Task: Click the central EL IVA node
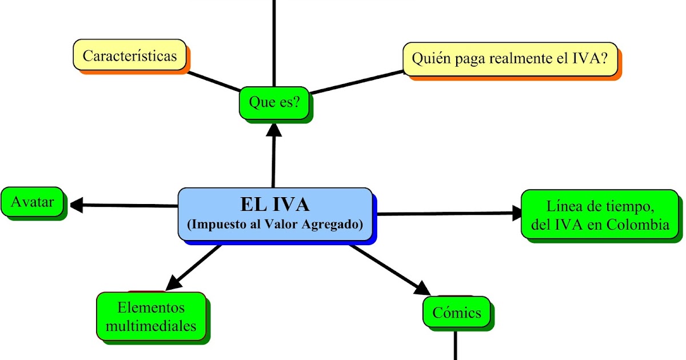tap(275, 214)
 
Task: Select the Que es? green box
tap(274, 102)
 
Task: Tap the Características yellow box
tap(130, 56)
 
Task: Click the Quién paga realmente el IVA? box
tap(510, 58)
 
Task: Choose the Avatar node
tap(33, 202)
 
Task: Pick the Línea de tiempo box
tap(600, 214)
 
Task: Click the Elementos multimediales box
tap(151, 317)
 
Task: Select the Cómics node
tap(456, 313)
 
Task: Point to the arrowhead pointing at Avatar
tap(76, 205)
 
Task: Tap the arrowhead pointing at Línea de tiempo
tap(517, 214)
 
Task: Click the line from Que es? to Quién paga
tap(357, 82)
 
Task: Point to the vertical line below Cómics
tap(456, 346)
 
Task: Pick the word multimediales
tap(151, 326)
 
